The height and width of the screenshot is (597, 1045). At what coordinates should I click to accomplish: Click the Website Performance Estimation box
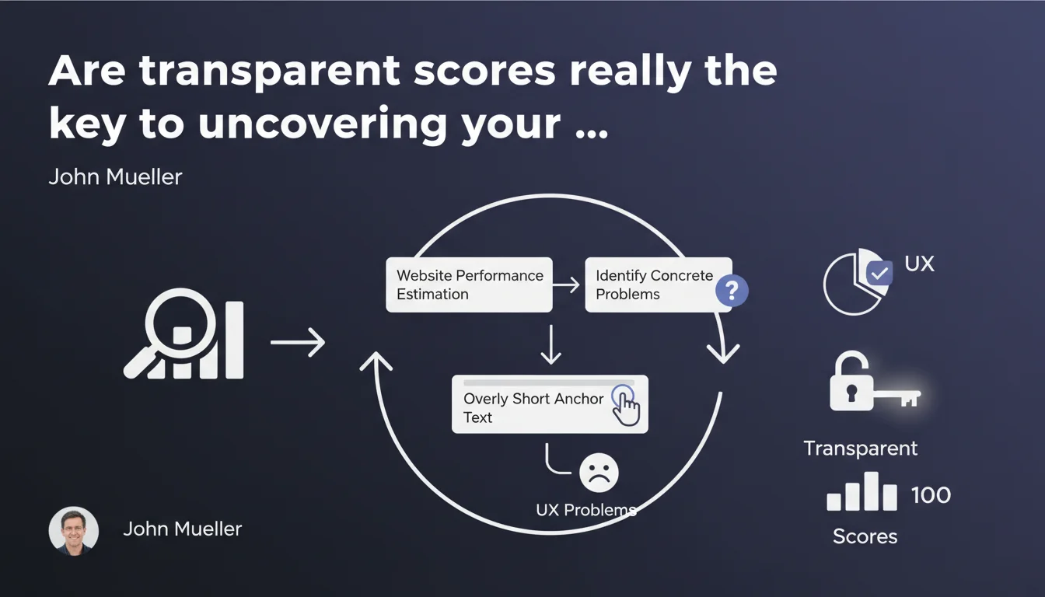(x=469, y=285)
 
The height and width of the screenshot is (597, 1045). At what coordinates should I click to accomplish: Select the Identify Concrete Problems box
(x=659, y=285)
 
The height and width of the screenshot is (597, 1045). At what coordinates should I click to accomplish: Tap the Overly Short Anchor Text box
(x=550, y=404)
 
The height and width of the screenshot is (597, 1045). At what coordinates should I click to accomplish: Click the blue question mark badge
(x=732, y=291)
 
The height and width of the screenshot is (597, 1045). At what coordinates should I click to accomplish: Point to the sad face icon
(x=599, y=473)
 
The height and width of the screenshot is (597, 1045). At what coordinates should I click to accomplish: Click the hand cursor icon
(x=627, y=405)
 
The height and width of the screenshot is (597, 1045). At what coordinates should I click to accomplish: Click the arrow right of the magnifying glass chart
(x=298, y=342)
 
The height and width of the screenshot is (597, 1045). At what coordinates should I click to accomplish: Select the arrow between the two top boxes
(x=566, y=285)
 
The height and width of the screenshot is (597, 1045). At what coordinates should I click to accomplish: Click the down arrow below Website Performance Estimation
(x=551, y=344)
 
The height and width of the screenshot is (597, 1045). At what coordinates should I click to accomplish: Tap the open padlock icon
(x=851, y=381)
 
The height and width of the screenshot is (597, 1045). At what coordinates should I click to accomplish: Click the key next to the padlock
(x=896, y=397)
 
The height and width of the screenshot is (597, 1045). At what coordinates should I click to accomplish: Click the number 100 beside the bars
(x=931, y=495)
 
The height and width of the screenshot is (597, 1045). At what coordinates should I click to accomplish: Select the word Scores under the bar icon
(x=865, y=536)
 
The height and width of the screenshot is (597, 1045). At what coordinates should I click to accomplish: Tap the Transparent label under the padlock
(x=860, y=449)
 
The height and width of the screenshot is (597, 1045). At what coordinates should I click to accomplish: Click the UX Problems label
(x=586, y=510)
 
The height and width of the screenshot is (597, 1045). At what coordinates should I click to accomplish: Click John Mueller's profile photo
(x=74, y=531)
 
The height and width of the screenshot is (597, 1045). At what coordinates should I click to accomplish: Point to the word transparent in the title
(x=270, y=72)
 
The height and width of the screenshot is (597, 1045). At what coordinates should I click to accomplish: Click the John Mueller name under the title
(x=115, y=176)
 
